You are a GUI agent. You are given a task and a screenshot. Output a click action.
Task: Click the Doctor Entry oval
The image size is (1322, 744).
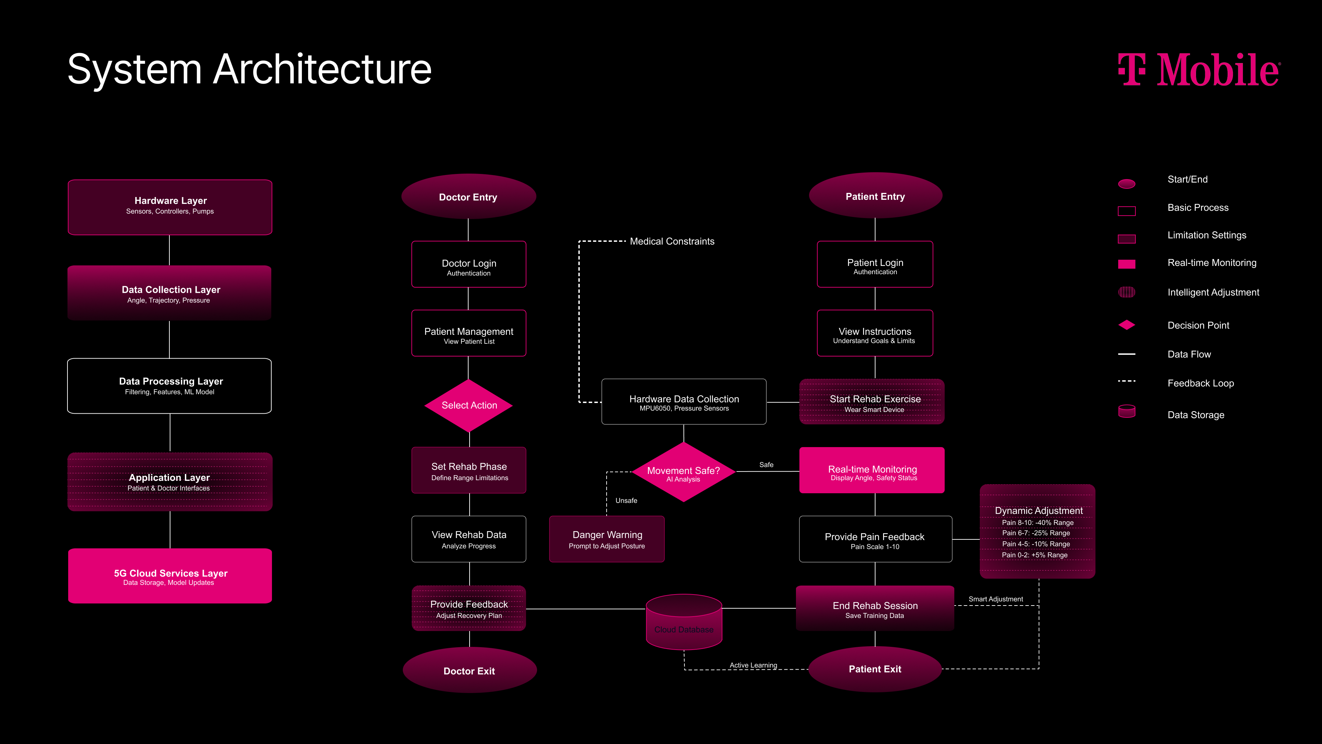tap(468, 197)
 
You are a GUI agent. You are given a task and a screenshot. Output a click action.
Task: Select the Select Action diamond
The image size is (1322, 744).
tap(469, 405)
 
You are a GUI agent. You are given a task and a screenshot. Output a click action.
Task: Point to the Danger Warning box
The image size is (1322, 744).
tap(607, 539)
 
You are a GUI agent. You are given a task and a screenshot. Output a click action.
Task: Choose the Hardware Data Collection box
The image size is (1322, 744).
tap(684, 402)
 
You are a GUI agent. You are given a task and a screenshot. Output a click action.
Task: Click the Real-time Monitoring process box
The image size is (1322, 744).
tap(872, 470)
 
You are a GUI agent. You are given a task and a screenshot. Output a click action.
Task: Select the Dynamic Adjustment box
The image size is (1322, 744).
tap(1037, 531)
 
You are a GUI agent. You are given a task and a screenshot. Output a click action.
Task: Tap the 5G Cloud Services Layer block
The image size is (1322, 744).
tap(170, 576)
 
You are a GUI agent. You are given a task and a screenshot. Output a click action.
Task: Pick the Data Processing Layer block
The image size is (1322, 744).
tap(170, 386)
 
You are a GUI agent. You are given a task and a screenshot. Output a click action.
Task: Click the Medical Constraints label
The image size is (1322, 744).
tap(672, 241)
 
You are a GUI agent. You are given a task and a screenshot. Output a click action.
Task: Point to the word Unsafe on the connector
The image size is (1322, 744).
tap(626, 500)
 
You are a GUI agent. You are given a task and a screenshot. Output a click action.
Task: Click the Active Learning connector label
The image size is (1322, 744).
tap(753, 665)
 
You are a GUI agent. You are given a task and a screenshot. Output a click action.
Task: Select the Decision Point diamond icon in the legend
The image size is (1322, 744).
tap(1126, 325)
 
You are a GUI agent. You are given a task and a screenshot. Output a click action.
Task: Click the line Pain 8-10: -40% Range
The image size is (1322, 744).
tap(1037, 523)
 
